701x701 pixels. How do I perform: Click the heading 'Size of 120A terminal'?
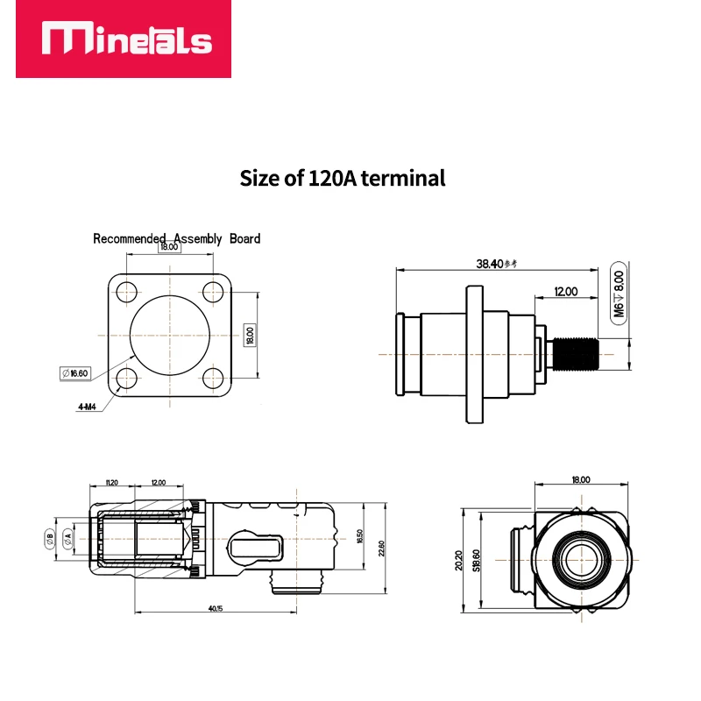[343, 178]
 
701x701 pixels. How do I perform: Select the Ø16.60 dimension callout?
[75, 373]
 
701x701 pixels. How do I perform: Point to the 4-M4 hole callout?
[87, 407]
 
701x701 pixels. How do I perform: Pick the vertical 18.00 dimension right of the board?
[250, 334]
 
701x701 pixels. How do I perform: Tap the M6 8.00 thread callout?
[619, 293]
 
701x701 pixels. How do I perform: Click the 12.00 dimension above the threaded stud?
[565, 291]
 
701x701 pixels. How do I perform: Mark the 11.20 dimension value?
[112, 483]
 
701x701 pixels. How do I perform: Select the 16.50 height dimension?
[359, 536]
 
